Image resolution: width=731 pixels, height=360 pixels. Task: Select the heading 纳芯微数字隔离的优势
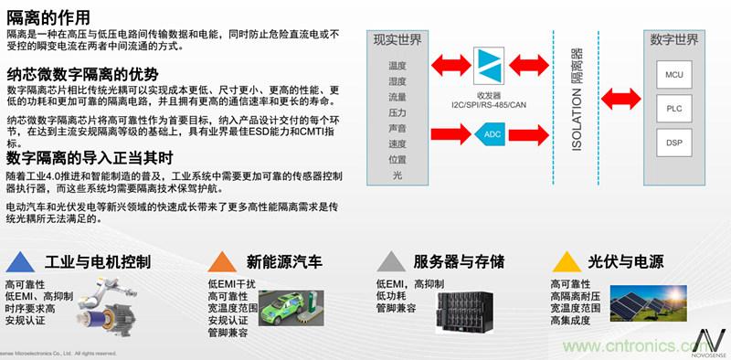pos(83,74)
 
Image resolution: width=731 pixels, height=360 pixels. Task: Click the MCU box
pos(674,74)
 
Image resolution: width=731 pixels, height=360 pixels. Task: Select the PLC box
pos(674,109)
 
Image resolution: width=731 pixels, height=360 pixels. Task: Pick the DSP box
pos(674,143)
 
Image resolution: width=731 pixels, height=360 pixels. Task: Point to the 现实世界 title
pos(397,40)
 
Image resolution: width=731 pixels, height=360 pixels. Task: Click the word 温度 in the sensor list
pos(397,66)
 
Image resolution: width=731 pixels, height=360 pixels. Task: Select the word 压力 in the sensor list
pos(397,111)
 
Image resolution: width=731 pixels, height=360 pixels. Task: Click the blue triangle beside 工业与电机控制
pos(19,262)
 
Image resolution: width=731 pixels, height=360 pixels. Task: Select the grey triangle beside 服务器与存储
pos(391,262)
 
